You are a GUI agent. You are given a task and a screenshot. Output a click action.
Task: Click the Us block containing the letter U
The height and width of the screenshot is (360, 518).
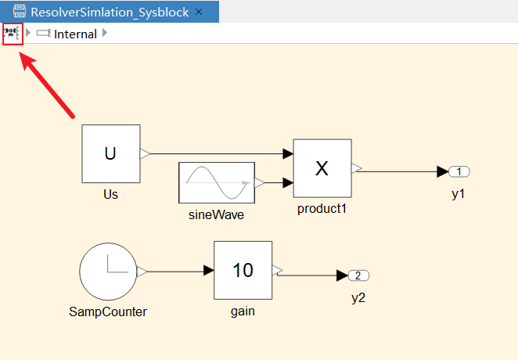coord(110,154)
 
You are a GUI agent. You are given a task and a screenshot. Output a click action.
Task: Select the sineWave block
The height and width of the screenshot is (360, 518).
coord(217,183)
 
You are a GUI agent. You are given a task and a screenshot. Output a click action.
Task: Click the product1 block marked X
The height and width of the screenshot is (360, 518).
coord(322,168)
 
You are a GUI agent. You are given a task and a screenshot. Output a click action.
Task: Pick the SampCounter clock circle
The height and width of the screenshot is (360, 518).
coord(108,272)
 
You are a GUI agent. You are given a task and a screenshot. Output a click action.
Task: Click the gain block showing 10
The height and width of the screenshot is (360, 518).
coord(243,270)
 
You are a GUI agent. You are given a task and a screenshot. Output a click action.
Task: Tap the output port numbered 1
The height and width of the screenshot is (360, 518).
coord(459,171)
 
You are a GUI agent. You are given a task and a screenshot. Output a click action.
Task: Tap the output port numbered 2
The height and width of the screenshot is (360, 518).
coord(358,275)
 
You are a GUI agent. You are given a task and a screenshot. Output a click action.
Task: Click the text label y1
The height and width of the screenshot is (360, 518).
coord(459,193)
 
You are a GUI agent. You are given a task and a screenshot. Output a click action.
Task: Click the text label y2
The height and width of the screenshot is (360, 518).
coord(358,297)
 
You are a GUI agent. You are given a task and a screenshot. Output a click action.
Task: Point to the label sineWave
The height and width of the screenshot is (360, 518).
coord(217,214)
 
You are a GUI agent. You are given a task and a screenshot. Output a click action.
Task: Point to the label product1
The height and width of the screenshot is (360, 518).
coord(322,209)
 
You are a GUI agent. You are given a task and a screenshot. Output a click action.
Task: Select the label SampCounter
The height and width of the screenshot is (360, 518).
coord(108,311)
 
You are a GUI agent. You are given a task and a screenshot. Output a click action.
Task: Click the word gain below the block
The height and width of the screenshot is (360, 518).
coord(243,311)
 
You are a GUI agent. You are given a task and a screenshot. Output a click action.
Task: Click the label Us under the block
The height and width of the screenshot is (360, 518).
coord(110,194)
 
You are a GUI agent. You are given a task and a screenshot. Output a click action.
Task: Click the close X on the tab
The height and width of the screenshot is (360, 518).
coord(199,13)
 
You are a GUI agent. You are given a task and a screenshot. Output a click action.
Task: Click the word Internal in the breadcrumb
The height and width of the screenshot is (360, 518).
coord(75,34)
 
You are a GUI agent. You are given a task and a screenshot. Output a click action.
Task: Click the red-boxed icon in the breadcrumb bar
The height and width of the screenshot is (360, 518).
coord(13,34)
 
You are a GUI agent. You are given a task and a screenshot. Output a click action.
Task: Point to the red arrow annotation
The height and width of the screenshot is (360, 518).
coord(47,87)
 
